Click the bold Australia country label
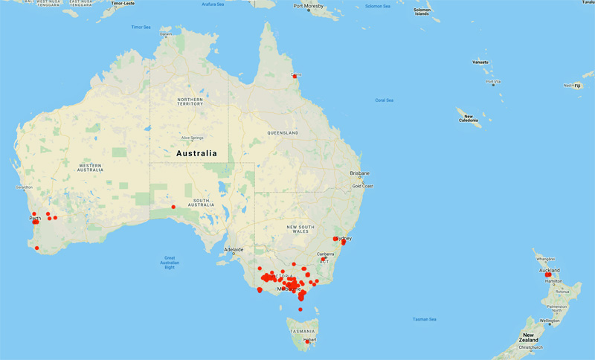click(196, 154)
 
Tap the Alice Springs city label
click(192, 138)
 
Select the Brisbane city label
click(359, 173)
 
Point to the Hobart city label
click(309, 340)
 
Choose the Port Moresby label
click(309, 7)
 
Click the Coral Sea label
click(385, 100)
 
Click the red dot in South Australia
click(173, 207)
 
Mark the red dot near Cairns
click(295, 76)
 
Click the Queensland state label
click(283, 133)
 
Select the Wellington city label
click(550, 321)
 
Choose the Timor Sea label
click(141, 27)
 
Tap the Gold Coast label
click(362, 186)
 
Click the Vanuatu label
click(480, 62)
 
